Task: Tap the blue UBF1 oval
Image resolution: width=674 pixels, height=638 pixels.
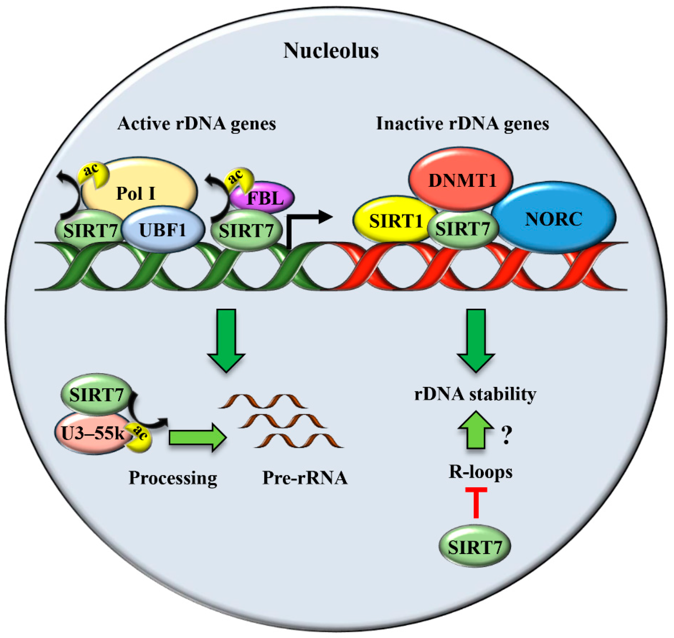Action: (x=163, y=230)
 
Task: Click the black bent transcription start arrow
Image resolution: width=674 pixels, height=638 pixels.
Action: (x=306, y=221)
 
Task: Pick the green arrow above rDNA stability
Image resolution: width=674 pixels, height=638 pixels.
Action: (x=476, y=340)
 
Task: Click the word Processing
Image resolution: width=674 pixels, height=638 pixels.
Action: (x=173, y=478)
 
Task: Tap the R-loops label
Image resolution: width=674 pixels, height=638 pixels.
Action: (x=480, y=472)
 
